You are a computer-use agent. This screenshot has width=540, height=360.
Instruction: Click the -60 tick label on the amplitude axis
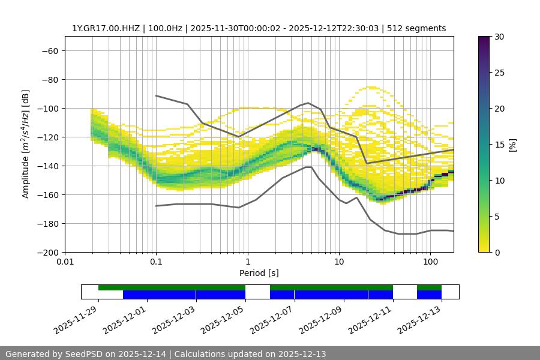pos(50,50)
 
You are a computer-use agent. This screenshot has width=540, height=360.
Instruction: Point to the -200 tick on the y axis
pos(47,252)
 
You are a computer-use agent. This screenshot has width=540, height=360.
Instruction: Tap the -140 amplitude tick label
pos(47,166)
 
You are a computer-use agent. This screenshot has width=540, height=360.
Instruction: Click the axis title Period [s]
pos(259,274)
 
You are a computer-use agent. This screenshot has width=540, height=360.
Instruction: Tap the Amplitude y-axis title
pos(26,144)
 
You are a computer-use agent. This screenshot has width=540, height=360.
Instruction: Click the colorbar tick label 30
pos(499,37)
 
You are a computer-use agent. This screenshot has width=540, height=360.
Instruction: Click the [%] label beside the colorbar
pos(512,144)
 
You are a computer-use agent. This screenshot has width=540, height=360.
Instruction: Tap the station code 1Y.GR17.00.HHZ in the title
pos(106,28)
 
